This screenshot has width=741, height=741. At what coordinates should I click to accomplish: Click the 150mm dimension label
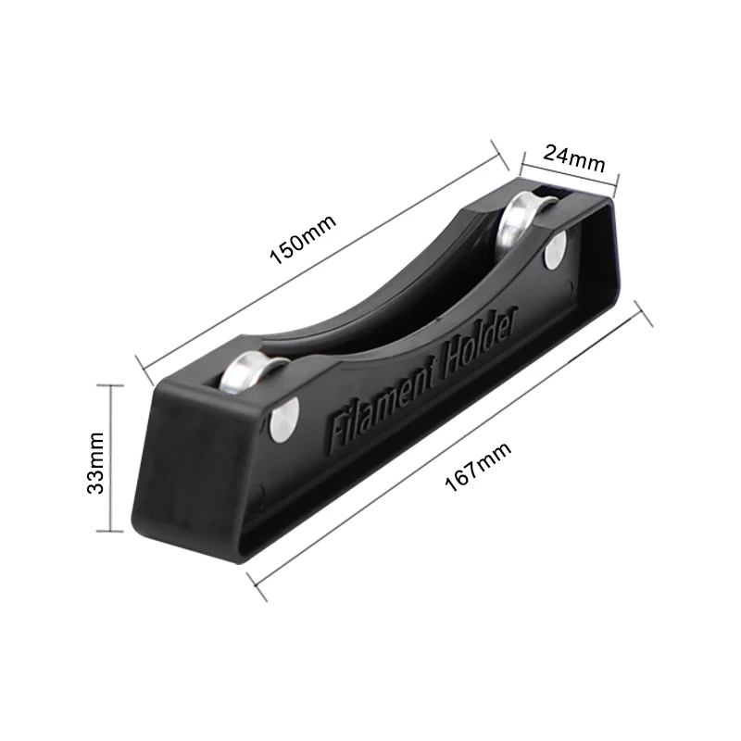click(x=303, y=239)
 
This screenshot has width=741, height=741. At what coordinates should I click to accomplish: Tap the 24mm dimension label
click(x=574, y=159)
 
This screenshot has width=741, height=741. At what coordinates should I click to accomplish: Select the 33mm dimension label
click(x=95, y=462)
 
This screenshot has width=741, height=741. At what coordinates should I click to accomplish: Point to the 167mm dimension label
click(x=478, y=467)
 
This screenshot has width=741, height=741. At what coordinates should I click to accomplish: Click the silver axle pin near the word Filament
click(x=284, y=420)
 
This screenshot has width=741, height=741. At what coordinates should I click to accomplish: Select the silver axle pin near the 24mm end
click(x=556, y=250)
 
